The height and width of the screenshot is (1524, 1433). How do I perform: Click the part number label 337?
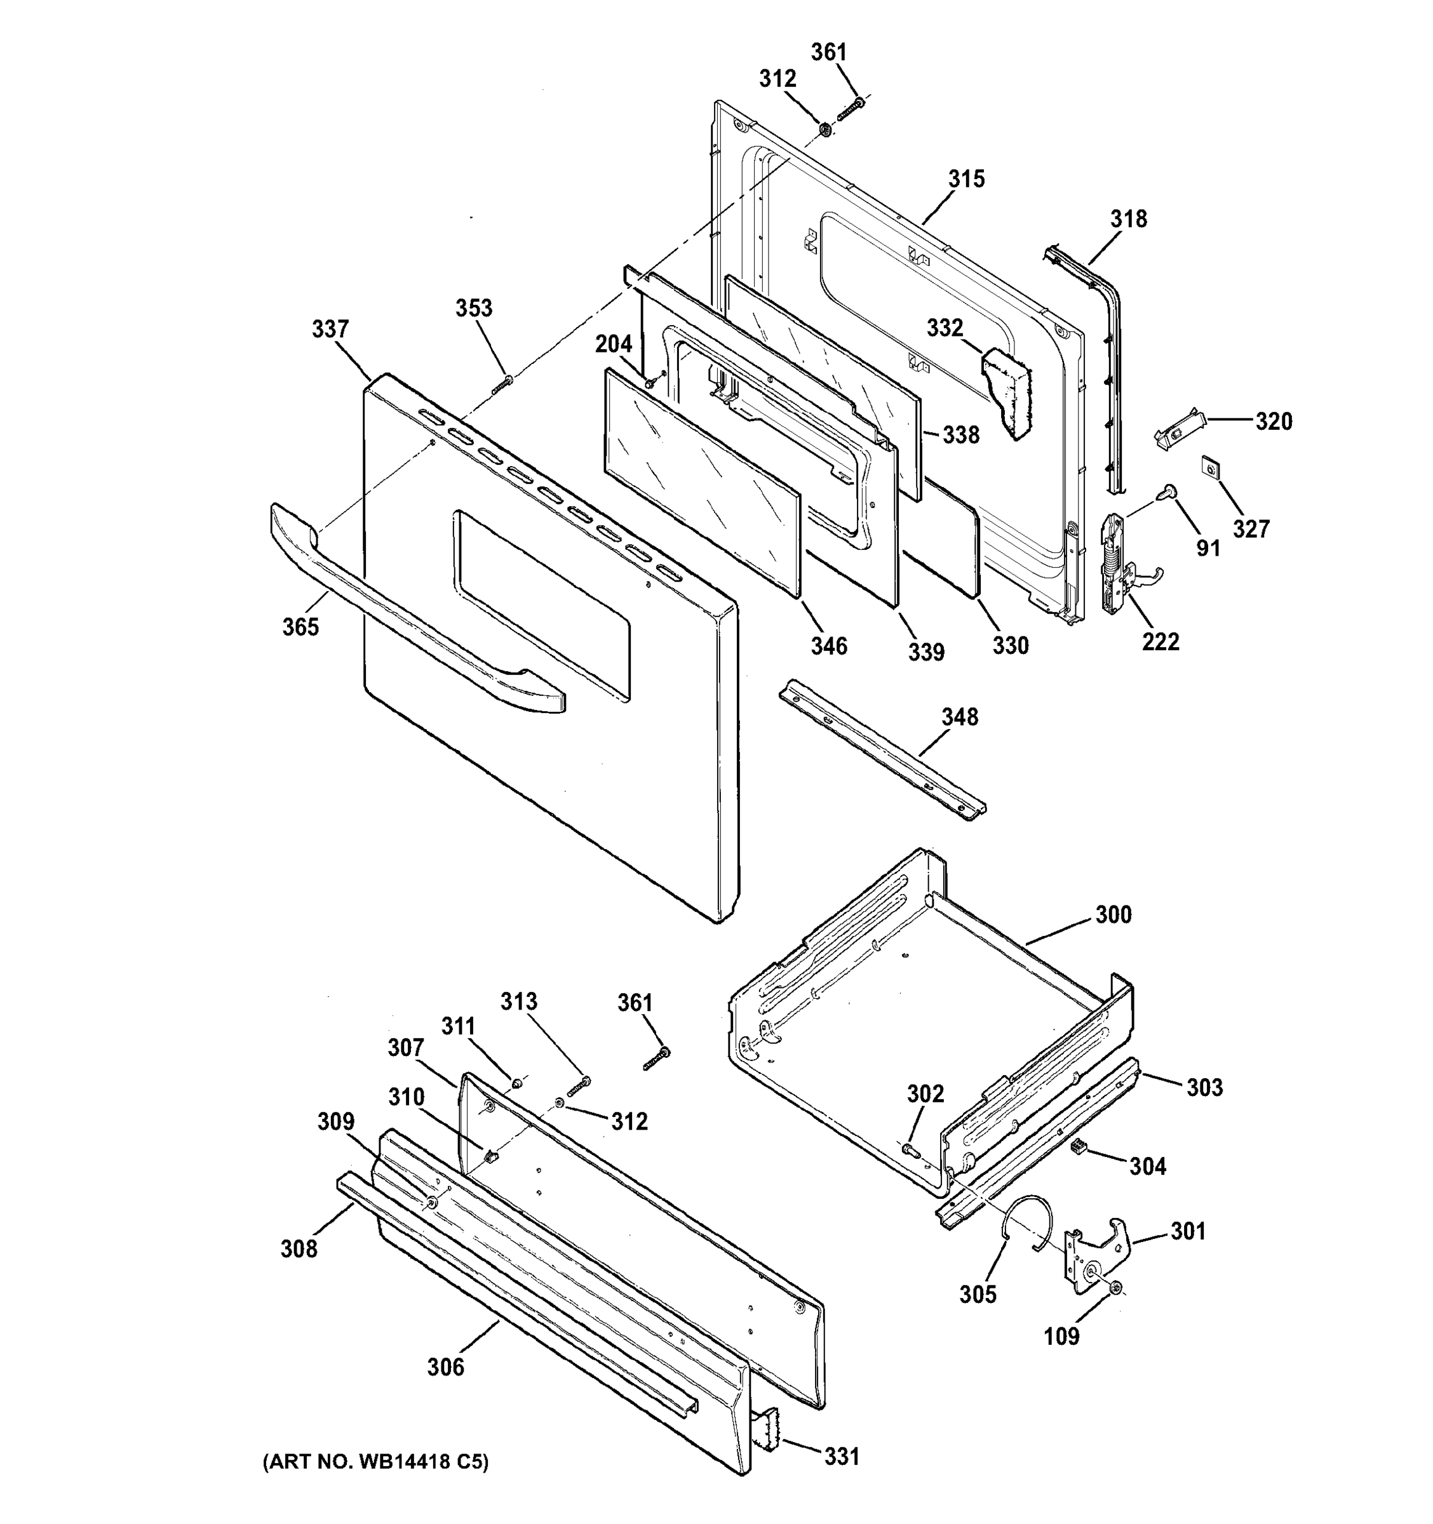[330, 330]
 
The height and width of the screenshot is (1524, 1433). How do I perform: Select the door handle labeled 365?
[414, 629]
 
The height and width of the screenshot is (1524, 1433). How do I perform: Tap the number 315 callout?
[966, 178]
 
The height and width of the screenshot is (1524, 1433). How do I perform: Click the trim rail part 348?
[882, 751]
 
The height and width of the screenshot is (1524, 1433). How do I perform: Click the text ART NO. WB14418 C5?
[375, 1462]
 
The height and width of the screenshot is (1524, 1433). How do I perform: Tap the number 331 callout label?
[841, 1457]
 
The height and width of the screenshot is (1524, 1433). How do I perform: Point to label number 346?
[829, 646]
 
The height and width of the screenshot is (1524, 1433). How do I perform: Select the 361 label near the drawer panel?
[635, 1003]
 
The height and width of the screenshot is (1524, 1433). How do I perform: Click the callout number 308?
[299, 1250]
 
